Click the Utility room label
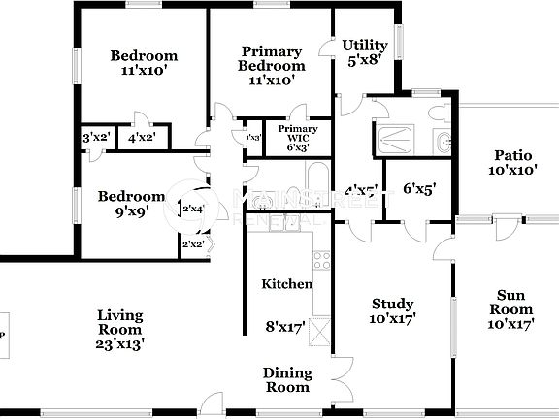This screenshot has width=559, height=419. tap(365, 46)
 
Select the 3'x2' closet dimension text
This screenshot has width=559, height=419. tap(94, 139)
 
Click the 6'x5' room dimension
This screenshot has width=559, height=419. tap(419, 189)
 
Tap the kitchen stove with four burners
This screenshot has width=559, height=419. tap(320, 261)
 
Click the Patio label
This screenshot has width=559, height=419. tap(513, 155)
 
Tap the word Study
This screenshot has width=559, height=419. tap(392, 304)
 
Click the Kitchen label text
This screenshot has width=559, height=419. tap(287, 284)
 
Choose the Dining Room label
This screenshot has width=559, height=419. tap(287, 380)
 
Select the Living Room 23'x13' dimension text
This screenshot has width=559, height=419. tap(120, 343)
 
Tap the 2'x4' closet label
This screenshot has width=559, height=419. tap(193, 209)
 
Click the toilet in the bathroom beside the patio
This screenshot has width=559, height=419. tap(442, 142)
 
